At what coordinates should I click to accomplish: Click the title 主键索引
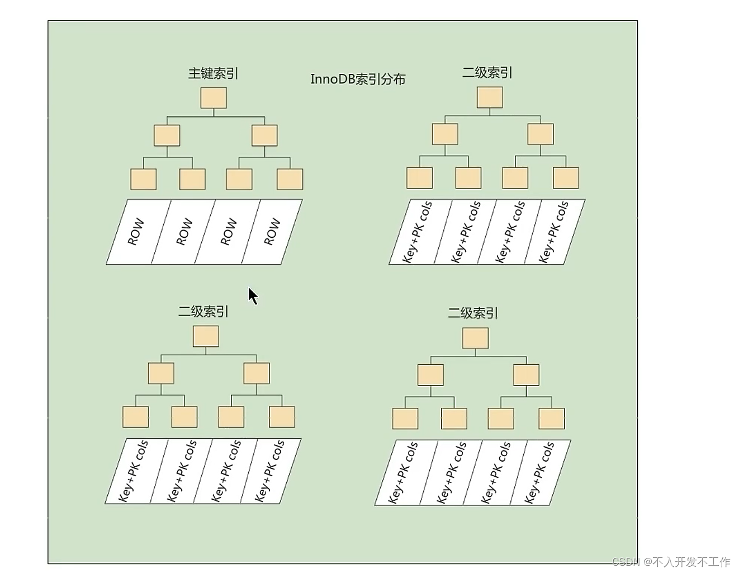[x=213, y=73]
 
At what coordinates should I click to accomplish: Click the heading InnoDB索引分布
[x=358, y=79]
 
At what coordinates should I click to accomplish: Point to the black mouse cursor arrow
[x=253, y=295]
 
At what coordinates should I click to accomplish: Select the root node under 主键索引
[x=214, y=98]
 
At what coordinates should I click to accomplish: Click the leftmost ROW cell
[x=136, y=232]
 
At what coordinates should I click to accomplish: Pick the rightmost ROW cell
[x=272, y=232]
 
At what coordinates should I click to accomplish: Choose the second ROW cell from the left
[x=184, y=232]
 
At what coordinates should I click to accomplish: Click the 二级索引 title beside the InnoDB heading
[x=487, y=73]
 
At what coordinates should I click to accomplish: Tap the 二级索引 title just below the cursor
[x=203, y=312]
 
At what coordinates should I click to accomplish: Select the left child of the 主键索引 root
[x=167, y=135]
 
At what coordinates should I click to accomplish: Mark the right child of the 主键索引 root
[x=264, y=135]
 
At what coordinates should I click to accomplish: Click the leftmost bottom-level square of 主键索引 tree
[x=143, y=179]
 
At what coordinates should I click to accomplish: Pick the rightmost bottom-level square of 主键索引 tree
[x=290, y=179]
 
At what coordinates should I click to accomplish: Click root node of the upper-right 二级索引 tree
[x=490, y=97]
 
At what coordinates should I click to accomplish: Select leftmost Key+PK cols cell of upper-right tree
[x=418, y=232]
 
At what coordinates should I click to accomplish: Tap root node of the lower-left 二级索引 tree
[x=206, y=336]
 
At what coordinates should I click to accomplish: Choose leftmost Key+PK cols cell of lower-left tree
[x=134, y=471]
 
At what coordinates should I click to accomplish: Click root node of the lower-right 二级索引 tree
[x=475, y=338]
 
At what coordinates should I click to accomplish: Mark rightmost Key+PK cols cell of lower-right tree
[x=539, y=473]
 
